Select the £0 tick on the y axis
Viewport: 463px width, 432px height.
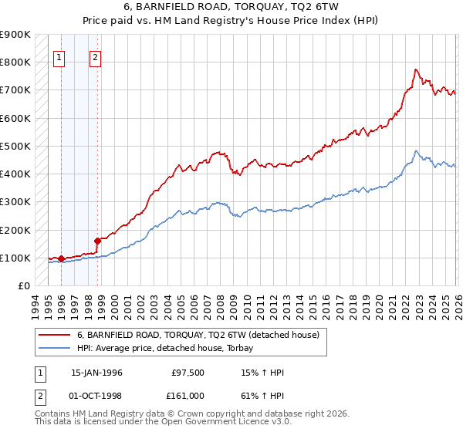point(23,286)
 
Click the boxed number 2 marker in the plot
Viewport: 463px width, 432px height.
point(95,56)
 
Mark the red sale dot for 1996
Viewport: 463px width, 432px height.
point(61,259)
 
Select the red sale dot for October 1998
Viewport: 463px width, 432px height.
point(97,241)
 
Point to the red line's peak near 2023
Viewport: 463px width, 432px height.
point(415,69)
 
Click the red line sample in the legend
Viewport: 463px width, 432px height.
point(55,335)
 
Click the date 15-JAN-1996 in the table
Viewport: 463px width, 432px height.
point(96,373)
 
